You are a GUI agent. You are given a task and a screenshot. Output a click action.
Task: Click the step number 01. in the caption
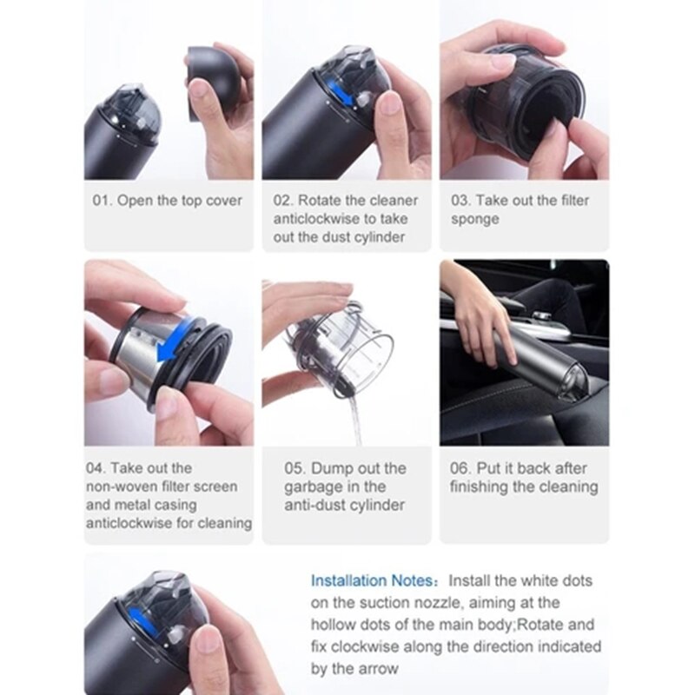(x=103, y=201)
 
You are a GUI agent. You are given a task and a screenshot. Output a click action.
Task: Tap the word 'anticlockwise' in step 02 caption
(x=316, y=219)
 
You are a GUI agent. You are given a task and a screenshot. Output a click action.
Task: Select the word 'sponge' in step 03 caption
(x=474, y=219)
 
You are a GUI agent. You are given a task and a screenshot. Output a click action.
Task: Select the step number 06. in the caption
(x=461, y=468)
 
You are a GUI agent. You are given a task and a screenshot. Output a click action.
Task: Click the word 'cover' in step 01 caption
(x=224, y=201)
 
